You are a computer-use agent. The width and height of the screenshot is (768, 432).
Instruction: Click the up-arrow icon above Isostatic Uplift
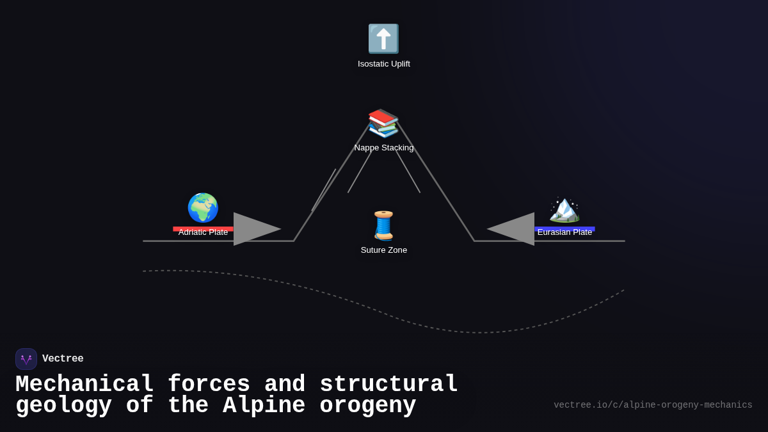(x=383, y=39)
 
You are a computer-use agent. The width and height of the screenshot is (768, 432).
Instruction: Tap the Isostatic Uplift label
(x=383, y=64)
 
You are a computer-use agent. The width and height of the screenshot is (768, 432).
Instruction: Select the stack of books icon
(x=383, y=124)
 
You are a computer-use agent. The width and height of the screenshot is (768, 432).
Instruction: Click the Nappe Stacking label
(x=383, y=148)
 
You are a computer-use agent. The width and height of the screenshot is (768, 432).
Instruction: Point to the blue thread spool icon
(x=383, y=225)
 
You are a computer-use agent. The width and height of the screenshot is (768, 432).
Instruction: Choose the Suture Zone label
(x=383, y=250)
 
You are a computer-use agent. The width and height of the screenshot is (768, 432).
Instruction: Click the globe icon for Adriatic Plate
(x=203, y=208)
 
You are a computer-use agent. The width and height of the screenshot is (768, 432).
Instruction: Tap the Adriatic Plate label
(x=203, y=232)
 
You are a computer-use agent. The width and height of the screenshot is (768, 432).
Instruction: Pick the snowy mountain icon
(x=564, y=209)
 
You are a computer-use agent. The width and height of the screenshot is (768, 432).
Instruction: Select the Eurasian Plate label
(x=564, y=232)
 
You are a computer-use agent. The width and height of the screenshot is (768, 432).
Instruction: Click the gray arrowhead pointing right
(x=257, y=229)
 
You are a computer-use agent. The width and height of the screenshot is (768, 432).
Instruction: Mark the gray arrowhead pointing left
(x=511, y=229)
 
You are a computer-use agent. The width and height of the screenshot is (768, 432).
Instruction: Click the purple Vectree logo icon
(x=26, y=359)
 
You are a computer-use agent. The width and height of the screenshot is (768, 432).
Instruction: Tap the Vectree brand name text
(x=63, y=358)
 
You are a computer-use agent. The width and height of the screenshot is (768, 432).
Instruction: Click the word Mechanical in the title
(x=84, y=383)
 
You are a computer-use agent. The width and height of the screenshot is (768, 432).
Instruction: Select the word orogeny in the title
(x=367, y=406)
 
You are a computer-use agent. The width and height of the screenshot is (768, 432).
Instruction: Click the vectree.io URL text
(x=653, y=405)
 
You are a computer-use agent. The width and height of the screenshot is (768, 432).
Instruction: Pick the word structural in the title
(x=389, y=383)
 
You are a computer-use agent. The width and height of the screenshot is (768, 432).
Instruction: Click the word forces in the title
(x=209, y=383)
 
